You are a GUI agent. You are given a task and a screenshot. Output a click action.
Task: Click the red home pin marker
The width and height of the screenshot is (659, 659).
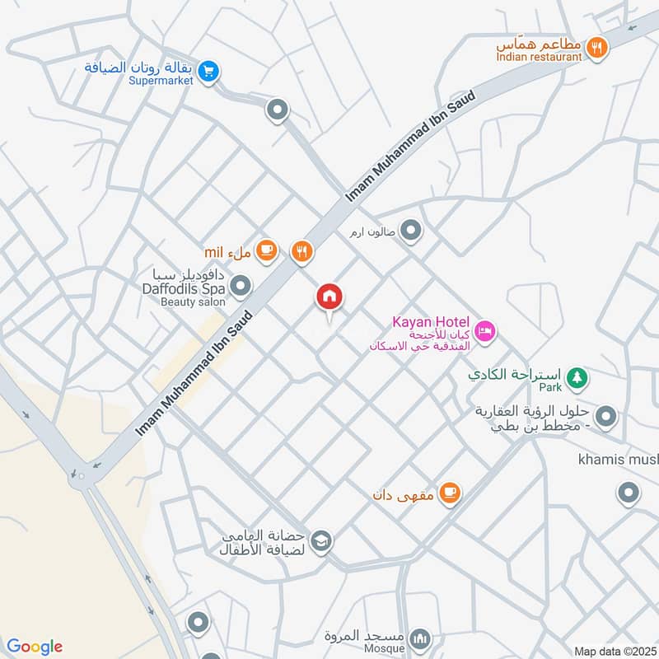pyautogui.click(x=329, y=297)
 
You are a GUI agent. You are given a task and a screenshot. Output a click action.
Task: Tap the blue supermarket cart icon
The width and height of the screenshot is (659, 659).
pyautogui.click(x=208, y=72)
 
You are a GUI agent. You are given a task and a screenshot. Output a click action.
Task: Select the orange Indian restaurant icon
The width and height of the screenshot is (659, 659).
pyautogui.click(x=598, y=49)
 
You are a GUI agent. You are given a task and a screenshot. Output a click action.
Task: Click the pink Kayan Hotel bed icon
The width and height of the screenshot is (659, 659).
pyautogui.click(x=486, y=331)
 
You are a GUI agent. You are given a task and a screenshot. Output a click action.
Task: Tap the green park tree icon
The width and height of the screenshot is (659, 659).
pyautogui.click(x=579, y=376)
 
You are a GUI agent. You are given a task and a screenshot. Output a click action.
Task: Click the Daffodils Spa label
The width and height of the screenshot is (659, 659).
pyautogui.click(x=184, y=289)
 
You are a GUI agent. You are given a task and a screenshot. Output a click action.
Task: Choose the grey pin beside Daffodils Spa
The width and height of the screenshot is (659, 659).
pyautogui.click(x=241, y=287)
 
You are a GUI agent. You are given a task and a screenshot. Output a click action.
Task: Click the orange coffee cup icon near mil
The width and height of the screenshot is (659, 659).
pyautogui.click(x=266, y=250)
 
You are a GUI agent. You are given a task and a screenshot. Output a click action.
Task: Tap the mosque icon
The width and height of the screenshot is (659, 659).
pyautogui.click(x=420, y=638)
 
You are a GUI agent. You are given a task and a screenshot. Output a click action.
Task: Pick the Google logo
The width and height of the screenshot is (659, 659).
pyautogui.click(x=34, y=647)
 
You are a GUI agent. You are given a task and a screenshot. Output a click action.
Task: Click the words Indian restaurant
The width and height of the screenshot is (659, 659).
pyautogui.click(x=540, y=56)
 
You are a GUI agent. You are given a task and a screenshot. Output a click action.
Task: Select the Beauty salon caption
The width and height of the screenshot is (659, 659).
pyautogui.click(x=192, y=302)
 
